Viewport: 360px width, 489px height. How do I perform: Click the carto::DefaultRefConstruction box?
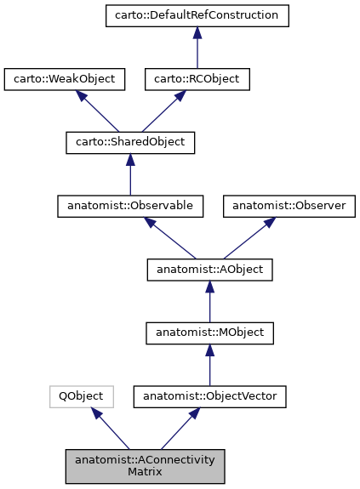(x=196, y=15)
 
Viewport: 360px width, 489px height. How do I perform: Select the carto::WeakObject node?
(x=65, y=79)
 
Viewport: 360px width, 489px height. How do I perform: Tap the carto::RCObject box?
(x=196, y=79)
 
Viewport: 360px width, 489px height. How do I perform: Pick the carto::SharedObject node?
(x=130, y=143)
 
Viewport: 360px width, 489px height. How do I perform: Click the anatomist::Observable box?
(x=130, y=207)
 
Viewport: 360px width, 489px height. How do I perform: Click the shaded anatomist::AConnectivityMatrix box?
(x=146, y=466)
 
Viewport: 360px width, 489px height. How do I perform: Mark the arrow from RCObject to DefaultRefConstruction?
(x=196, y=48)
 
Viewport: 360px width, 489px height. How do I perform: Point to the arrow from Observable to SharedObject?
(x=130, y=175)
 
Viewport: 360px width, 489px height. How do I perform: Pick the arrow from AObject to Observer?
(x=243, y=238)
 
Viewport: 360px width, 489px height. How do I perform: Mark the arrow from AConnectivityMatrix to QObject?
(x=111, y=429)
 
